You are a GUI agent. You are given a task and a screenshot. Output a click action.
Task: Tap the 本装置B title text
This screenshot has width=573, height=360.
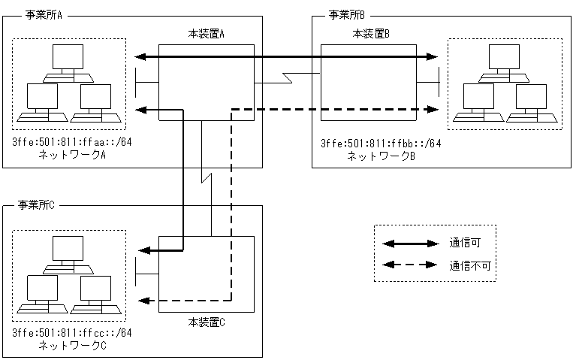[371, 35]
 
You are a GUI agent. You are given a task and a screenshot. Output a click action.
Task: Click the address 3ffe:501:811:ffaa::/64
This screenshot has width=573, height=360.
[72, 142]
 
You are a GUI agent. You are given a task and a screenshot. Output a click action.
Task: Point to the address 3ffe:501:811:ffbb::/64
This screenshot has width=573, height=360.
[381, 144]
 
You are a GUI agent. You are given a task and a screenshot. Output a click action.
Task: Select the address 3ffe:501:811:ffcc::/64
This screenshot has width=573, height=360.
[72, 333]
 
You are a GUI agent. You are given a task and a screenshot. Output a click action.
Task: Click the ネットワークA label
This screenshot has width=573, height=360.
[72, 154]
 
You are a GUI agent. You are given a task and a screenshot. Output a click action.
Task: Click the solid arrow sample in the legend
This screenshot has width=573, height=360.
[410, 243]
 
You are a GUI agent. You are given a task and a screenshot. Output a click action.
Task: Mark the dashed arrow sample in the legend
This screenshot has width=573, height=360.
[410, 265]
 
